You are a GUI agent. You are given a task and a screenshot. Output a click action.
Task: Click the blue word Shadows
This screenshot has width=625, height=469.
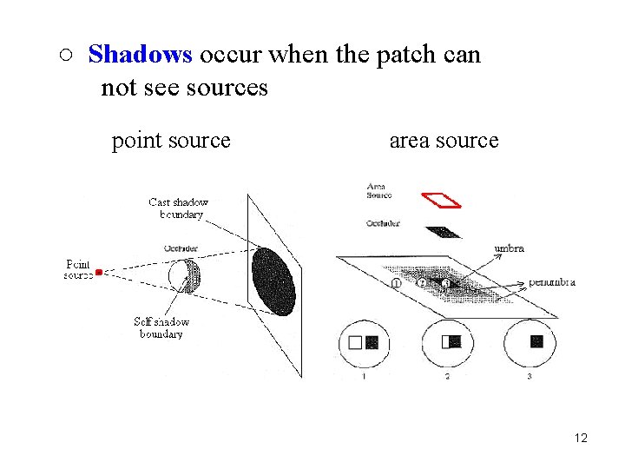click(x=140, y=56)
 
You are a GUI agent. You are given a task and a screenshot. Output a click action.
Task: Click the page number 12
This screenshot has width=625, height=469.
click(x=581, y=438)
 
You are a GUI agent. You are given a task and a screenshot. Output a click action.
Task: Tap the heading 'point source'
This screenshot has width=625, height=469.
click(x=171, y=140)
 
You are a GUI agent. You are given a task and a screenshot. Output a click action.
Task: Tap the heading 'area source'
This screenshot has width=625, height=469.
click(x=444, y=140)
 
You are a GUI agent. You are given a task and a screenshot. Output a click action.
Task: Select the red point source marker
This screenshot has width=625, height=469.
click(x=99, y=272)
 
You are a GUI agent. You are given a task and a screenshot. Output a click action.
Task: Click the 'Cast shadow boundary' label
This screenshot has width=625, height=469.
click(x=178, y=208)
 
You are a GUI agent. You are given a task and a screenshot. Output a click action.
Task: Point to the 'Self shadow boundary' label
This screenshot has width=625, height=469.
click(x=161, y=327)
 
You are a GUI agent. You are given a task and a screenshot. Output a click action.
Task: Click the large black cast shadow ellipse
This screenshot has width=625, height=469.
click(x=273, y=281)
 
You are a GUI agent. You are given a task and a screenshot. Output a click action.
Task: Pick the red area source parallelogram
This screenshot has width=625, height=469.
click(x=441, y=200)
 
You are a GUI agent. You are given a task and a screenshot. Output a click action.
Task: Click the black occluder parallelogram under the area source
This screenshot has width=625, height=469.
click(x=444, y=232)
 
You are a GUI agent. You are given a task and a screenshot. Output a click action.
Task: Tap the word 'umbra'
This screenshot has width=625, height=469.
click(x=509, y=248)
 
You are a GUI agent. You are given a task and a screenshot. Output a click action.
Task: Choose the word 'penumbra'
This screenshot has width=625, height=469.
click(x=552, y=282)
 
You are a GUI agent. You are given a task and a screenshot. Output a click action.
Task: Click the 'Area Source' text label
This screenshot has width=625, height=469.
click(x=379, y=190)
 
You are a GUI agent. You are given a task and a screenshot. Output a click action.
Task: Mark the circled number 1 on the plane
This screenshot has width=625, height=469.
click(x=396, y=283)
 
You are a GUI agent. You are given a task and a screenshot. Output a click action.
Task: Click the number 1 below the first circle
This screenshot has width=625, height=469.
click(x=364, y=376)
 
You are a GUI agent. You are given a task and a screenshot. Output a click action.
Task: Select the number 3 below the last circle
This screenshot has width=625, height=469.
click(x=530, y=376)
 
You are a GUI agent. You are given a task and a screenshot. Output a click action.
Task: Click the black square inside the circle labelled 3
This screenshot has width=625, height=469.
click(x=536, y=341)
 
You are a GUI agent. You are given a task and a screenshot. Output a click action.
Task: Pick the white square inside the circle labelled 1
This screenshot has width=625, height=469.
click(x=354, y=343)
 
